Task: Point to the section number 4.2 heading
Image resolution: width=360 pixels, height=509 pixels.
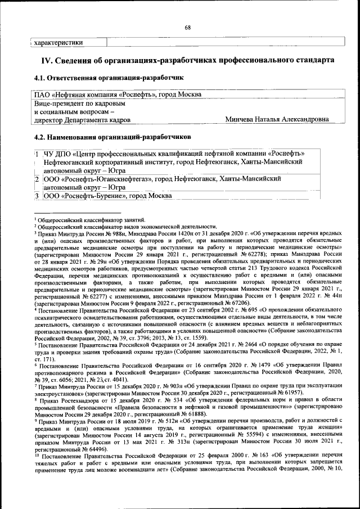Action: pos(42,136)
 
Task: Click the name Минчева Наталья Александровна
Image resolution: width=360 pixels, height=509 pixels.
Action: pos(277,119)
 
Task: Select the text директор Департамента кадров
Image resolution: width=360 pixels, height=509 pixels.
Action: pos(83,119)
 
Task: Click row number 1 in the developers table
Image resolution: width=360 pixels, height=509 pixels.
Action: pos(36,154)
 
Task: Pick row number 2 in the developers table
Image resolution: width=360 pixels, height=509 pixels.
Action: pos(36,179)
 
